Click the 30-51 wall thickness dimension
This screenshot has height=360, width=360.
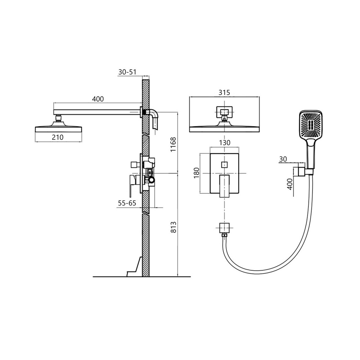coord(127,72)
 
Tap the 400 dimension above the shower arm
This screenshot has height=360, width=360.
coord(98,99)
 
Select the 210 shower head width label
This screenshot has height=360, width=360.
coord(57,137)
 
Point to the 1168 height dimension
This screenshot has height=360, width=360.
coord(173,144)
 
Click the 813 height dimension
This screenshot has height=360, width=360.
coord(174,227)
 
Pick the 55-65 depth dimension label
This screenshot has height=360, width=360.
coord(127,203)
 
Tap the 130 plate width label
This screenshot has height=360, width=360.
coord(225,143)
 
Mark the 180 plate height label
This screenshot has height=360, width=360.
coord(197,173)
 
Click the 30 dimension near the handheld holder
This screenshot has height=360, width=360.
coord(283,159)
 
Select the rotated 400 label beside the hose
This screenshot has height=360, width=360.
coord(290,184)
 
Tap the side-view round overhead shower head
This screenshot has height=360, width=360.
coord(59,129)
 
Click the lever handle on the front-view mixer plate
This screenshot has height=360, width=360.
coord(224,186)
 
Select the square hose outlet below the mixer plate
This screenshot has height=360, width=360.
coord(224,228)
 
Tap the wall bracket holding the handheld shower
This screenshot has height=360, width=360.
coord(300,172)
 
